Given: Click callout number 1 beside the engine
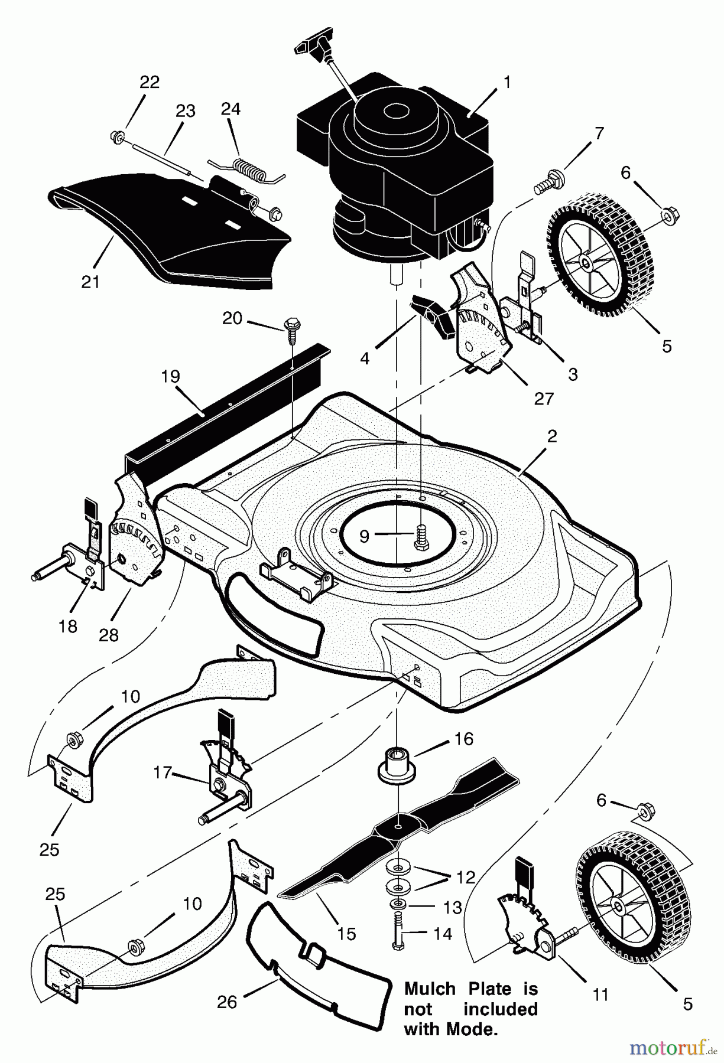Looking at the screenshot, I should click(507, 81).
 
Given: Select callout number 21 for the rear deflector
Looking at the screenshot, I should click(90, 282).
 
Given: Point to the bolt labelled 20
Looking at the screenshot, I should click(291, 327).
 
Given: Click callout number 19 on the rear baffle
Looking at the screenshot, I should click(171, 376).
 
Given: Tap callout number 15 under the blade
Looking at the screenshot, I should click(346, 933).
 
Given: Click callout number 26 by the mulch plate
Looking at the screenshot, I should click(227, 1001).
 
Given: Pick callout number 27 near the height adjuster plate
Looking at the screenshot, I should click(544, 399).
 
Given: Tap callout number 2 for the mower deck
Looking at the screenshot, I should click(552, 436).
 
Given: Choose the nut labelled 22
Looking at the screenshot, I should click(116, 138).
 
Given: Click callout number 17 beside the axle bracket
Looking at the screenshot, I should click(163, 772).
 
